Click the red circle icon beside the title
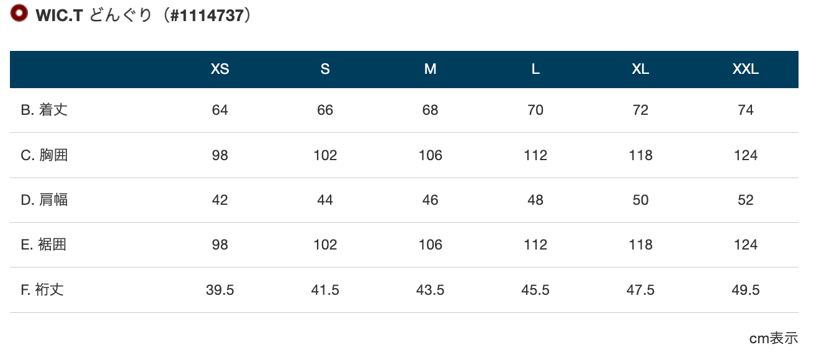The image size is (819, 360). point(19,13)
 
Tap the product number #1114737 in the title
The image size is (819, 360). point(207,16)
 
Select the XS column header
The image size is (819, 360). point(220,69)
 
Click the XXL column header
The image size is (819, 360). point(746,69)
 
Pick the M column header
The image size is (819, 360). point(430,69)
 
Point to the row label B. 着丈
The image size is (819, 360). point(44,110)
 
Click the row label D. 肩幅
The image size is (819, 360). point(44,200)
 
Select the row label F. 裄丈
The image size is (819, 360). point(42,290)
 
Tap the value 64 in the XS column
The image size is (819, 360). point(220,110)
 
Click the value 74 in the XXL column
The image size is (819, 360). point(746,110)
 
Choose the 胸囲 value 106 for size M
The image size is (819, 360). point(431,155)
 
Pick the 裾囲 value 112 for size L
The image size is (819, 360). point(535,245)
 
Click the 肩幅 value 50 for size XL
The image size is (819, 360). point(640,200)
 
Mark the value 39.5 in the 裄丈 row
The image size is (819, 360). point(220,290)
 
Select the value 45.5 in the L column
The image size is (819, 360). point(535,290)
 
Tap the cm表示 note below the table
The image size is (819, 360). point(774,338)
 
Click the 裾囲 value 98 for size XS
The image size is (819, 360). point(220,245)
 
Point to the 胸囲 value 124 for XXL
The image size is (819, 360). point(746,155)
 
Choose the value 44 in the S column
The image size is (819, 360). point(325,200)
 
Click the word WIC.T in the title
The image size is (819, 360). point(59,16)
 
